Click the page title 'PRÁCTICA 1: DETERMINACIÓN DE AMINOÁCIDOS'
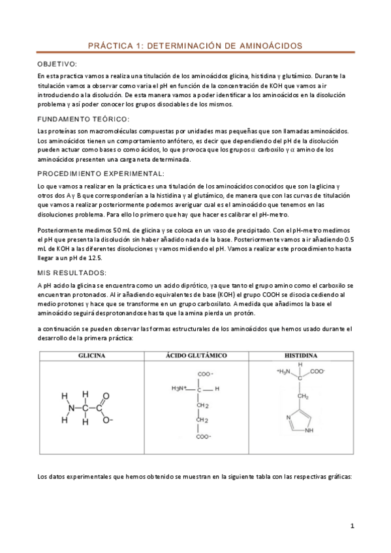click(195, 46)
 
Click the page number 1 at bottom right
click(352, 526)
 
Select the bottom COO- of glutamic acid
click(204, 436)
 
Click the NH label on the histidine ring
click(309, 430)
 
